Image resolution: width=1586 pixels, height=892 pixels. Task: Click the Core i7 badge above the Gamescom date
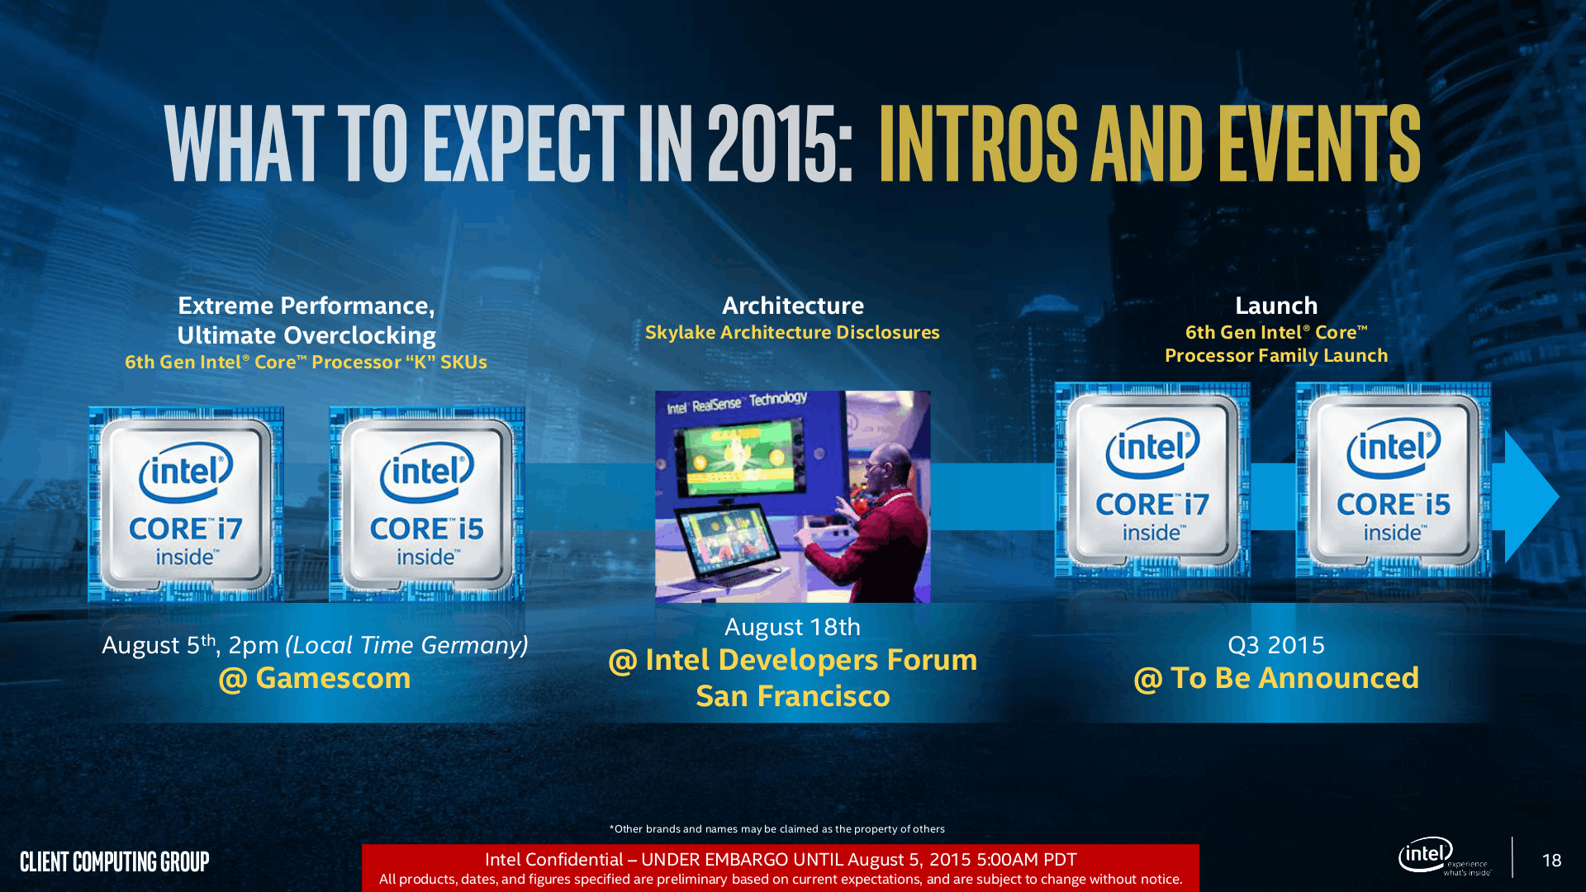186,504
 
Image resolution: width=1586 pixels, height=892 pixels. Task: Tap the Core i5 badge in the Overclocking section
426,504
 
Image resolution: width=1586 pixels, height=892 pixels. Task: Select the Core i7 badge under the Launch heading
1152,480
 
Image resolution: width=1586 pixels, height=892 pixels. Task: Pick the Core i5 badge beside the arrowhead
1393,480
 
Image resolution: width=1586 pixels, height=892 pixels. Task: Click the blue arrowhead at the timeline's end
1528,496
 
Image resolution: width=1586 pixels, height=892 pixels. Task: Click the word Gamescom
333,678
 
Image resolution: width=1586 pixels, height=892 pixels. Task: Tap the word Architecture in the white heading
792,306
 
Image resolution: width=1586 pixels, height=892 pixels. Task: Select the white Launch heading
1275,306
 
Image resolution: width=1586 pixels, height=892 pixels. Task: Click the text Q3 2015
1275,645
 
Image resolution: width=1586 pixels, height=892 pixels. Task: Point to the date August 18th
792,627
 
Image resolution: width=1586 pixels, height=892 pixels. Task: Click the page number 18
1551,861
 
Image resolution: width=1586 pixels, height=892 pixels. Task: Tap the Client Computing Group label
115,861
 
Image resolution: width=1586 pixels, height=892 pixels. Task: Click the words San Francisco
792,696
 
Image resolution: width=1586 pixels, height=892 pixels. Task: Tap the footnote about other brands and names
776,828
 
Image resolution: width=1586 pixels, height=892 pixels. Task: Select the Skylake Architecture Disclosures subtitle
792,332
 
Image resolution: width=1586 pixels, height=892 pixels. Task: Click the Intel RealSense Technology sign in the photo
737,403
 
